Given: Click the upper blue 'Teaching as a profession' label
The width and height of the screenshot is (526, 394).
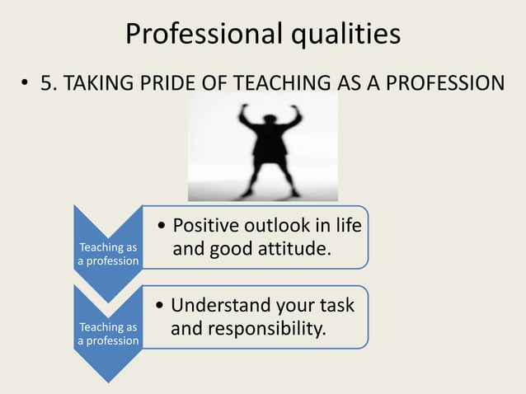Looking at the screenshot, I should [x=108, y=254].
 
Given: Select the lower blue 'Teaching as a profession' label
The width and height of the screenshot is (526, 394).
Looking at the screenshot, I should [x=108, y=334].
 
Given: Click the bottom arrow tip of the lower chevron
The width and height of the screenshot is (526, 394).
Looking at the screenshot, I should [x=108, y=381].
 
